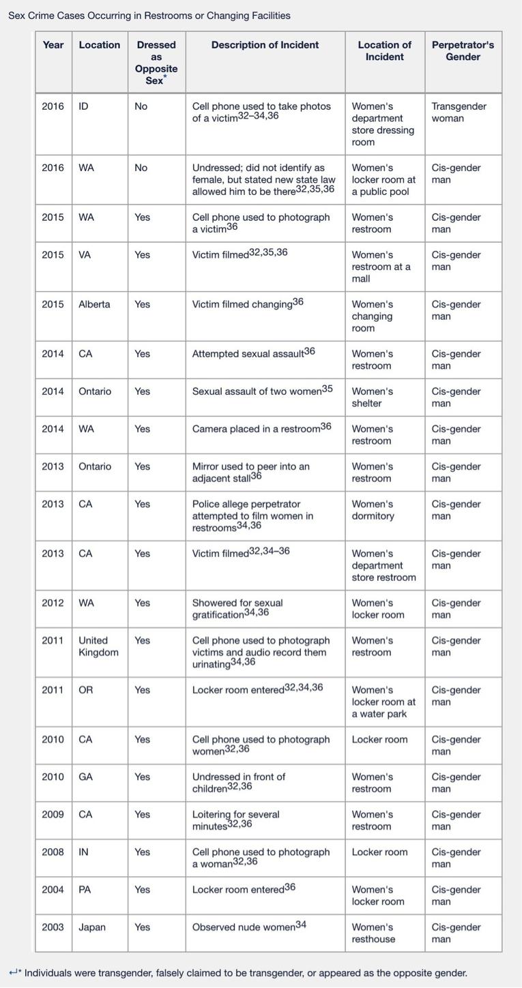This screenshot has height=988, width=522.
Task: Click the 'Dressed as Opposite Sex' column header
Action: tap(156, 62)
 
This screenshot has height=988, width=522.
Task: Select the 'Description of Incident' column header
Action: tap(265, 45)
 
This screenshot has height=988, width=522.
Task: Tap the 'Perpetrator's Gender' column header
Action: tap(463, 50)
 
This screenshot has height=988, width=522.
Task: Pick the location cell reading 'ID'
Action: tap(84, 106)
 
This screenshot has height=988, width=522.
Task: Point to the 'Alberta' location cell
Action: tap(94, 304)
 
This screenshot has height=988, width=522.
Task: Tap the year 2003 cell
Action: tap(53, 927)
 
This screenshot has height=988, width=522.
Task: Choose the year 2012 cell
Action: tap(53, 603)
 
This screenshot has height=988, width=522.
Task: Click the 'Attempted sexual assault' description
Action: tap(253, 353)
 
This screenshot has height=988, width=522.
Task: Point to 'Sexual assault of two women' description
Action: tap(262, 391)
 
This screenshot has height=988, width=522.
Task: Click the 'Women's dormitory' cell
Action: tap(373, 510)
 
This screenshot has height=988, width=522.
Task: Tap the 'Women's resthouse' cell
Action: tap(373, 933)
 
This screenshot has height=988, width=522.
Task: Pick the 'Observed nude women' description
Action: tap(249, 927)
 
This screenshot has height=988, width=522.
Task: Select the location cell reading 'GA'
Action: tap(85, 777)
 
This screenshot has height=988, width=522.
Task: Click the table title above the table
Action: tap(149, 15)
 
